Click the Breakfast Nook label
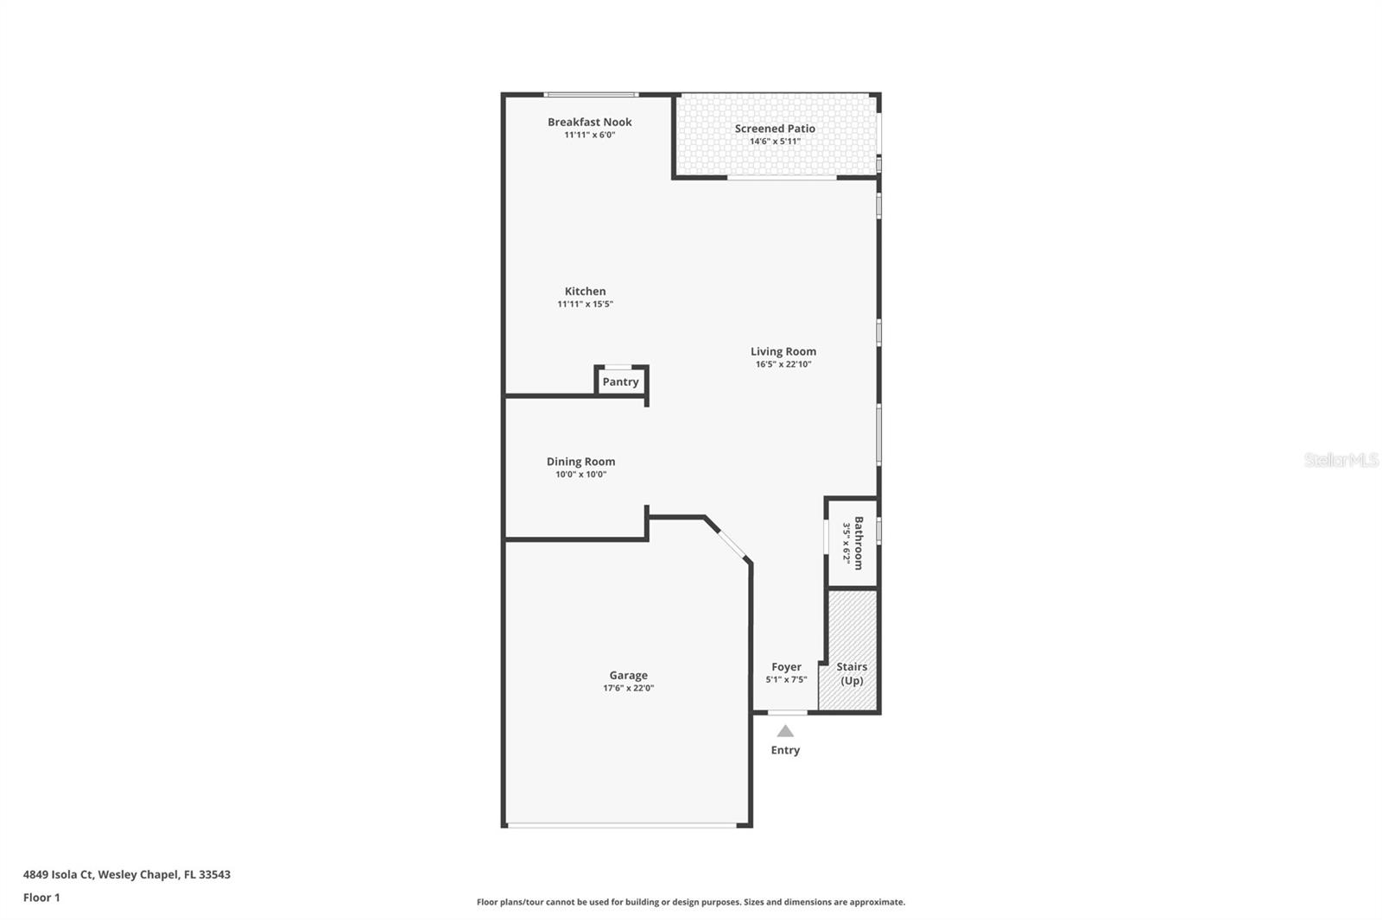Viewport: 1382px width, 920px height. tap(589, 122)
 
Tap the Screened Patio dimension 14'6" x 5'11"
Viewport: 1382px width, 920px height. tap(775, 142)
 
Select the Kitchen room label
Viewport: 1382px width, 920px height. tap(585, 291)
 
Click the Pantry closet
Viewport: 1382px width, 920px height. tap(621, 381)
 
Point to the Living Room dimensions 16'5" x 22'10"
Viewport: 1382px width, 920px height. tap(783, 364)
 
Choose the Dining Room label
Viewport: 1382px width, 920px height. tap(580, 461)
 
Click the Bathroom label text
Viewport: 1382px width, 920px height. tap(859, 543)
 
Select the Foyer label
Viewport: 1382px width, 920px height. tap(786, 666)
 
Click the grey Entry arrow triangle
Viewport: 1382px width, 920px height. tap(785, 731)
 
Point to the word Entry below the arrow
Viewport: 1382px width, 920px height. tap(785, 750)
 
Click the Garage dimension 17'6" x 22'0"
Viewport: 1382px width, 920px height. tap(628, 688)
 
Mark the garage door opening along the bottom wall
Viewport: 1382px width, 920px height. tap(622, 826)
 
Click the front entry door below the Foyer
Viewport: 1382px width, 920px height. tap(787, 712)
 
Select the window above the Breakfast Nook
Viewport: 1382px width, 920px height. tap(591, 94)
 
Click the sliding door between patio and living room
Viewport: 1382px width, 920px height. tap(782, 178)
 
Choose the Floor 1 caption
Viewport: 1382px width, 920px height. tap(41, 898)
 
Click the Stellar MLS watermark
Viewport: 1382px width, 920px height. tap(1341, 460)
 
